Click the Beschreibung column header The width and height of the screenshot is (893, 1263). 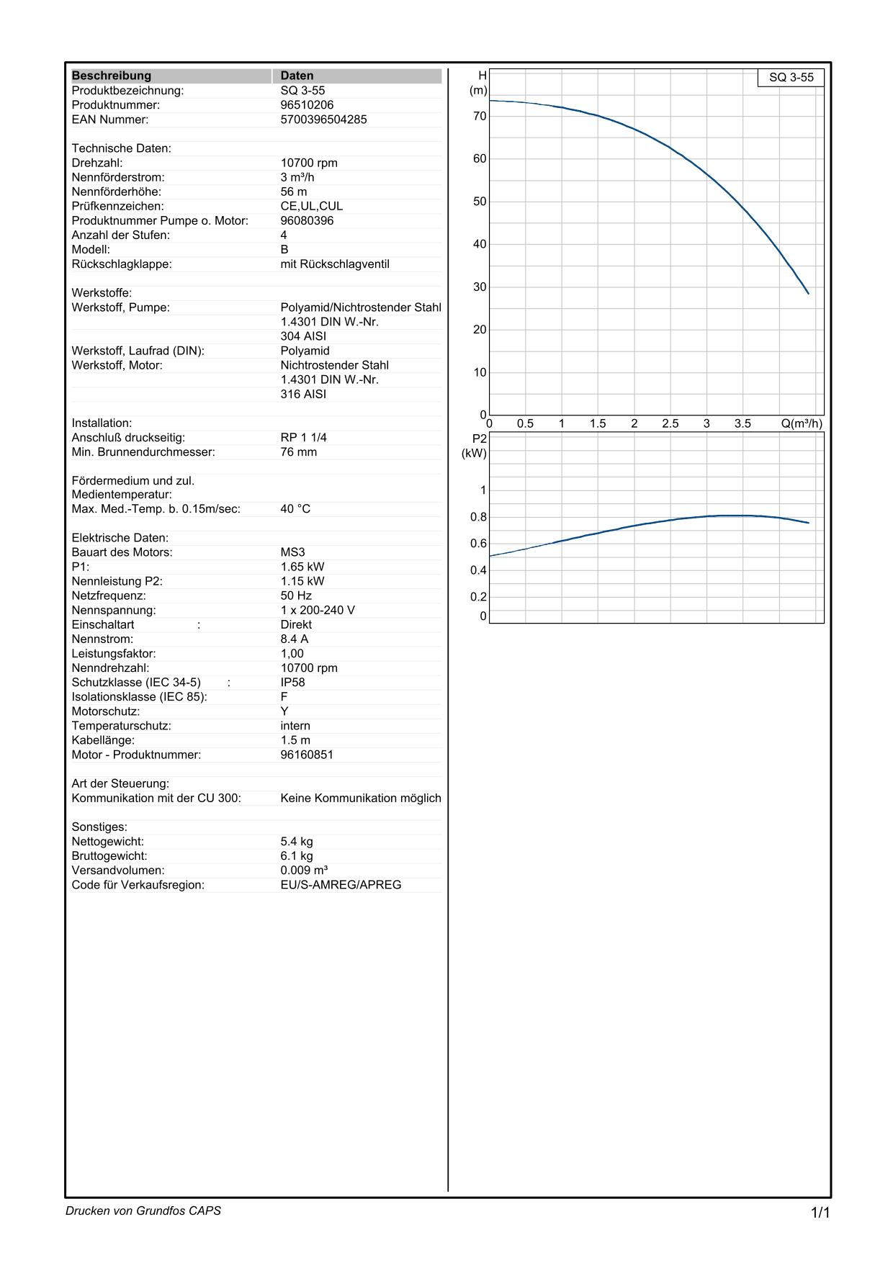coord(112,76)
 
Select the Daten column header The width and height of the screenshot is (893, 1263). coord(297,76)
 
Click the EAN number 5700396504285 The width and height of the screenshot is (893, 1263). coord(323,120)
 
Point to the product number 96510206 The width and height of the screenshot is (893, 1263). coord(307,105)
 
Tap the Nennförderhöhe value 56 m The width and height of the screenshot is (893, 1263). coord(293,192)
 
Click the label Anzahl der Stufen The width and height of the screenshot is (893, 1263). coord(120,235)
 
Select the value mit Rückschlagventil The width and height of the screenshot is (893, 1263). coord(334,264)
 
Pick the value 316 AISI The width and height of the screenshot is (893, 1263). coord(303,394)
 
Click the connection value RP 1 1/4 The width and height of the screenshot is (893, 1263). coord(303,438)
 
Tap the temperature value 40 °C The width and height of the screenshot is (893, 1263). coord(295,509)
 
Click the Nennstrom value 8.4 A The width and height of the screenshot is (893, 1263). coord(294,639)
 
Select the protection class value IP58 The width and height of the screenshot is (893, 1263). coord(292,683)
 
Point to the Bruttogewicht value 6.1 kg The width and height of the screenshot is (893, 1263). coord(296,856)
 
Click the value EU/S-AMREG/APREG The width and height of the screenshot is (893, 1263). coord(341,885)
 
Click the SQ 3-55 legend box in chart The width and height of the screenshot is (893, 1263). coord(791,78)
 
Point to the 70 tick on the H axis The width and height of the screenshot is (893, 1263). coord(480,116)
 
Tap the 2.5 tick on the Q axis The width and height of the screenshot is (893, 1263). coord(670,423)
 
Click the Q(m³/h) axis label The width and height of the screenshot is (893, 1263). coord(801,423)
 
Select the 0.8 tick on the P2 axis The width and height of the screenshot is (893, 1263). coord(478,517)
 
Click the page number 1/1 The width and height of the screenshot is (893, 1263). coord(820,1213)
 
